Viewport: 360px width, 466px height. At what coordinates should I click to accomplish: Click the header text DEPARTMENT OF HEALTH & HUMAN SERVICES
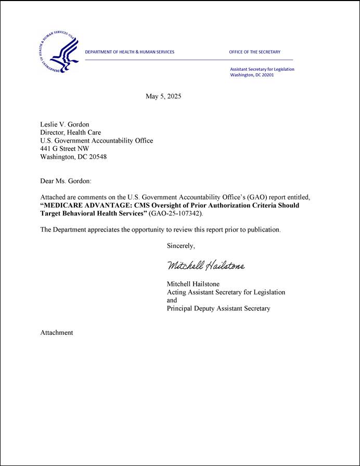[x=130, y=52]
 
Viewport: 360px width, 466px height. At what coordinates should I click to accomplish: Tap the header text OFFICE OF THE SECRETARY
[x=254, y=52]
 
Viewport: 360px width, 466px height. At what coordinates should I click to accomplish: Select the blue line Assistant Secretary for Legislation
[x=262, y=69]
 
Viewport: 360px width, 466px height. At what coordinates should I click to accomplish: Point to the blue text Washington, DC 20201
[x=252, y=75]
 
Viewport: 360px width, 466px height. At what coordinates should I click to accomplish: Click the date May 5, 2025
[x=163, y=96]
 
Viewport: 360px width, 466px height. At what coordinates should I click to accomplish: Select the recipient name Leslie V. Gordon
[x=65, y=124]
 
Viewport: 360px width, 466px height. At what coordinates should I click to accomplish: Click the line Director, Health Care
[x=70, y=133]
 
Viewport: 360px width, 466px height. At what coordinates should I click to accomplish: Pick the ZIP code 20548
[x=97, y=157]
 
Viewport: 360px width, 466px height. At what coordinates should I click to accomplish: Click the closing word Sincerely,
[x=181, y=246]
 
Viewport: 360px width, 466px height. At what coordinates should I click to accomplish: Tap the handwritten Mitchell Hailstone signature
[x=205, y=266]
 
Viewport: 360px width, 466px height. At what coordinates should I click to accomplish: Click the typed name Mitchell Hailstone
[x=193, y=284]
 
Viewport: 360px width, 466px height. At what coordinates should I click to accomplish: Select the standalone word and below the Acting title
[x=172, y=300]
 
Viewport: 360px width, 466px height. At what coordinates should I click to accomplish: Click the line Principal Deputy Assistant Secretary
[x=218, y=308]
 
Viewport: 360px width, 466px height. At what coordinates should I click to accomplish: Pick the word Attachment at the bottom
[x=57, y=333]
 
